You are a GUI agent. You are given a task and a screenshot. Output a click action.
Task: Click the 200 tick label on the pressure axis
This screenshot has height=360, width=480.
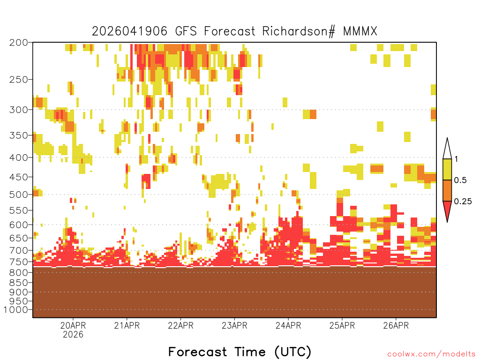tap(19, 43)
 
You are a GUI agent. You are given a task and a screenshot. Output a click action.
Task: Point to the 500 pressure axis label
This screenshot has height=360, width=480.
tap(19, 195)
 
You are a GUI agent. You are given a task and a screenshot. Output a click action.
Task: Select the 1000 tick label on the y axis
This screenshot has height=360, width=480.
tap(16, 310)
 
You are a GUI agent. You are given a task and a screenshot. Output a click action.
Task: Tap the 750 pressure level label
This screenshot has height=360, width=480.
tap(19, 262)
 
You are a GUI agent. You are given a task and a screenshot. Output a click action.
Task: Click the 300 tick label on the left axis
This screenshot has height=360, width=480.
tap(19, 110)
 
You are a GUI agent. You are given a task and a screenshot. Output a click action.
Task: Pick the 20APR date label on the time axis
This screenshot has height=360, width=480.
tap(73, 325)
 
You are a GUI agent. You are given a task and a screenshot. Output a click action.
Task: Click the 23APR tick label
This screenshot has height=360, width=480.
tap(234, 325)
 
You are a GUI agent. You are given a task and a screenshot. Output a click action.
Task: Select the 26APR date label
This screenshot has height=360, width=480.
tap(396, 325)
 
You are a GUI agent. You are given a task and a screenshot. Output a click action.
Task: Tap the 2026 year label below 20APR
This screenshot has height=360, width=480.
tap(73, 335)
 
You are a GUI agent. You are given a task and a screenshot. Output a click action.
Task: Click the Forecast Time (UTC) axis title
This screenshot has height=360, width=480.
tap(240, 352)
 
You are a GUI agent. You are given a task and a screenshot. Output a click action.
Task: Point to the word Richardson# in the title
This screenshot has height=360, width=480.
tap(299, 31)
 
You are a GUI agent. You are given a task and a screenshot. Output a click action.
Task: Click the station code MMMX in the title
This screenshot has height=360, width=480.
tap(360, 31)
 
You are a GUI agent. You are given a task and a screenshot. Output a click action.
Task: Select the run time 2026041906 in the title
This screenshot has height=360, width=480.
tap(129, 31)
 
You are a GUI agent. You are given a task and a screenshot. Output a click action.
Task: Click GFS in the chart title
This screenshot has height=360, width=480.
tap(186, 31)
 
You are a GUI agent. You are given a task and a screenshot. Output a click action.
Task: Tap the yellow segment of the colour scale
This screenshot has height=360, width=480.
tap(447, 169)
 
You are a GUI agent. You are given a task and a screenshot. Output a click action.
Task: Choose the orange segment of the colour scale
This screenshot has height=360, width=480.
tap(447, 190)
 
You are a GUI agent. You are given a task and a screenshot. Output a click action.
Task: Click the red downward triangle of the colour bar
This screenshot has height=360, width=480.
tap(447, 210)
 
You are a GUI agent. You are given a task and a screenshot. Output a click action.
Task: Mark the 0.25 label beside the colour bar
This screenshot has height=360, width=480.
tap(463, 201)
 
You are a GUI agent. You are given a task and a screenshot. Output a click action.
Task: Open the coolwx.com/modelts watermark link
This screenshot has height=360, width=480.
tap(431, 354)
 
